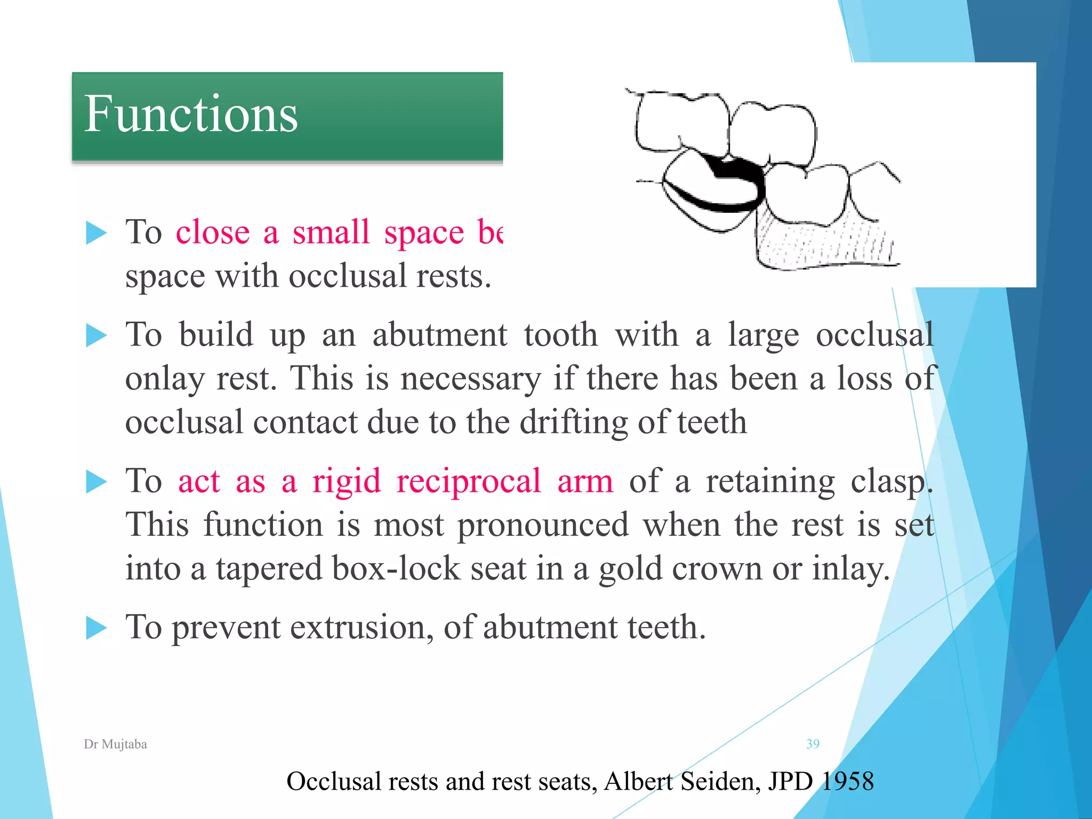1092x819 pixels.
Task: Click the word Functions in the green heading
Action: (x=190, y=114)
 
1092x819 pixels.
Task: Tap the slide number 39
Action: (x=813, y=744)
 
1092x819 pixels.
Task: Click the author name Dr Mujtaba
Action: (x=115, y=744)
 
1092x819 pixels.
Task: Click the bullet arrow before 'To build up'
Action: (x=96, y=336)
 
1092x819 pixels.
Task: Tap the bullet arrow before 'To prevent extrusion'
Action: (x=96, y=628)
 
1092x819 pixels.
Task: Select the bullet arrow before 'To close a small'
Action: (x=96, y=234)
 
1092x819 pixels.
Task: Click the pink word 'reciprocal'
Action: (x=469, y=481)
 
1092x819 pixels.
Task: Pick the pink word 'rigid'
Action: (x=347, y=481)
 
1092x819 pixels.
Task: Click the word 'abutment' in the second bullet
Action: (x=439, y=336)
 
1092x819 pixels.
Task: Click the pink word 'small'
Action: (x=331, y=232)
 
